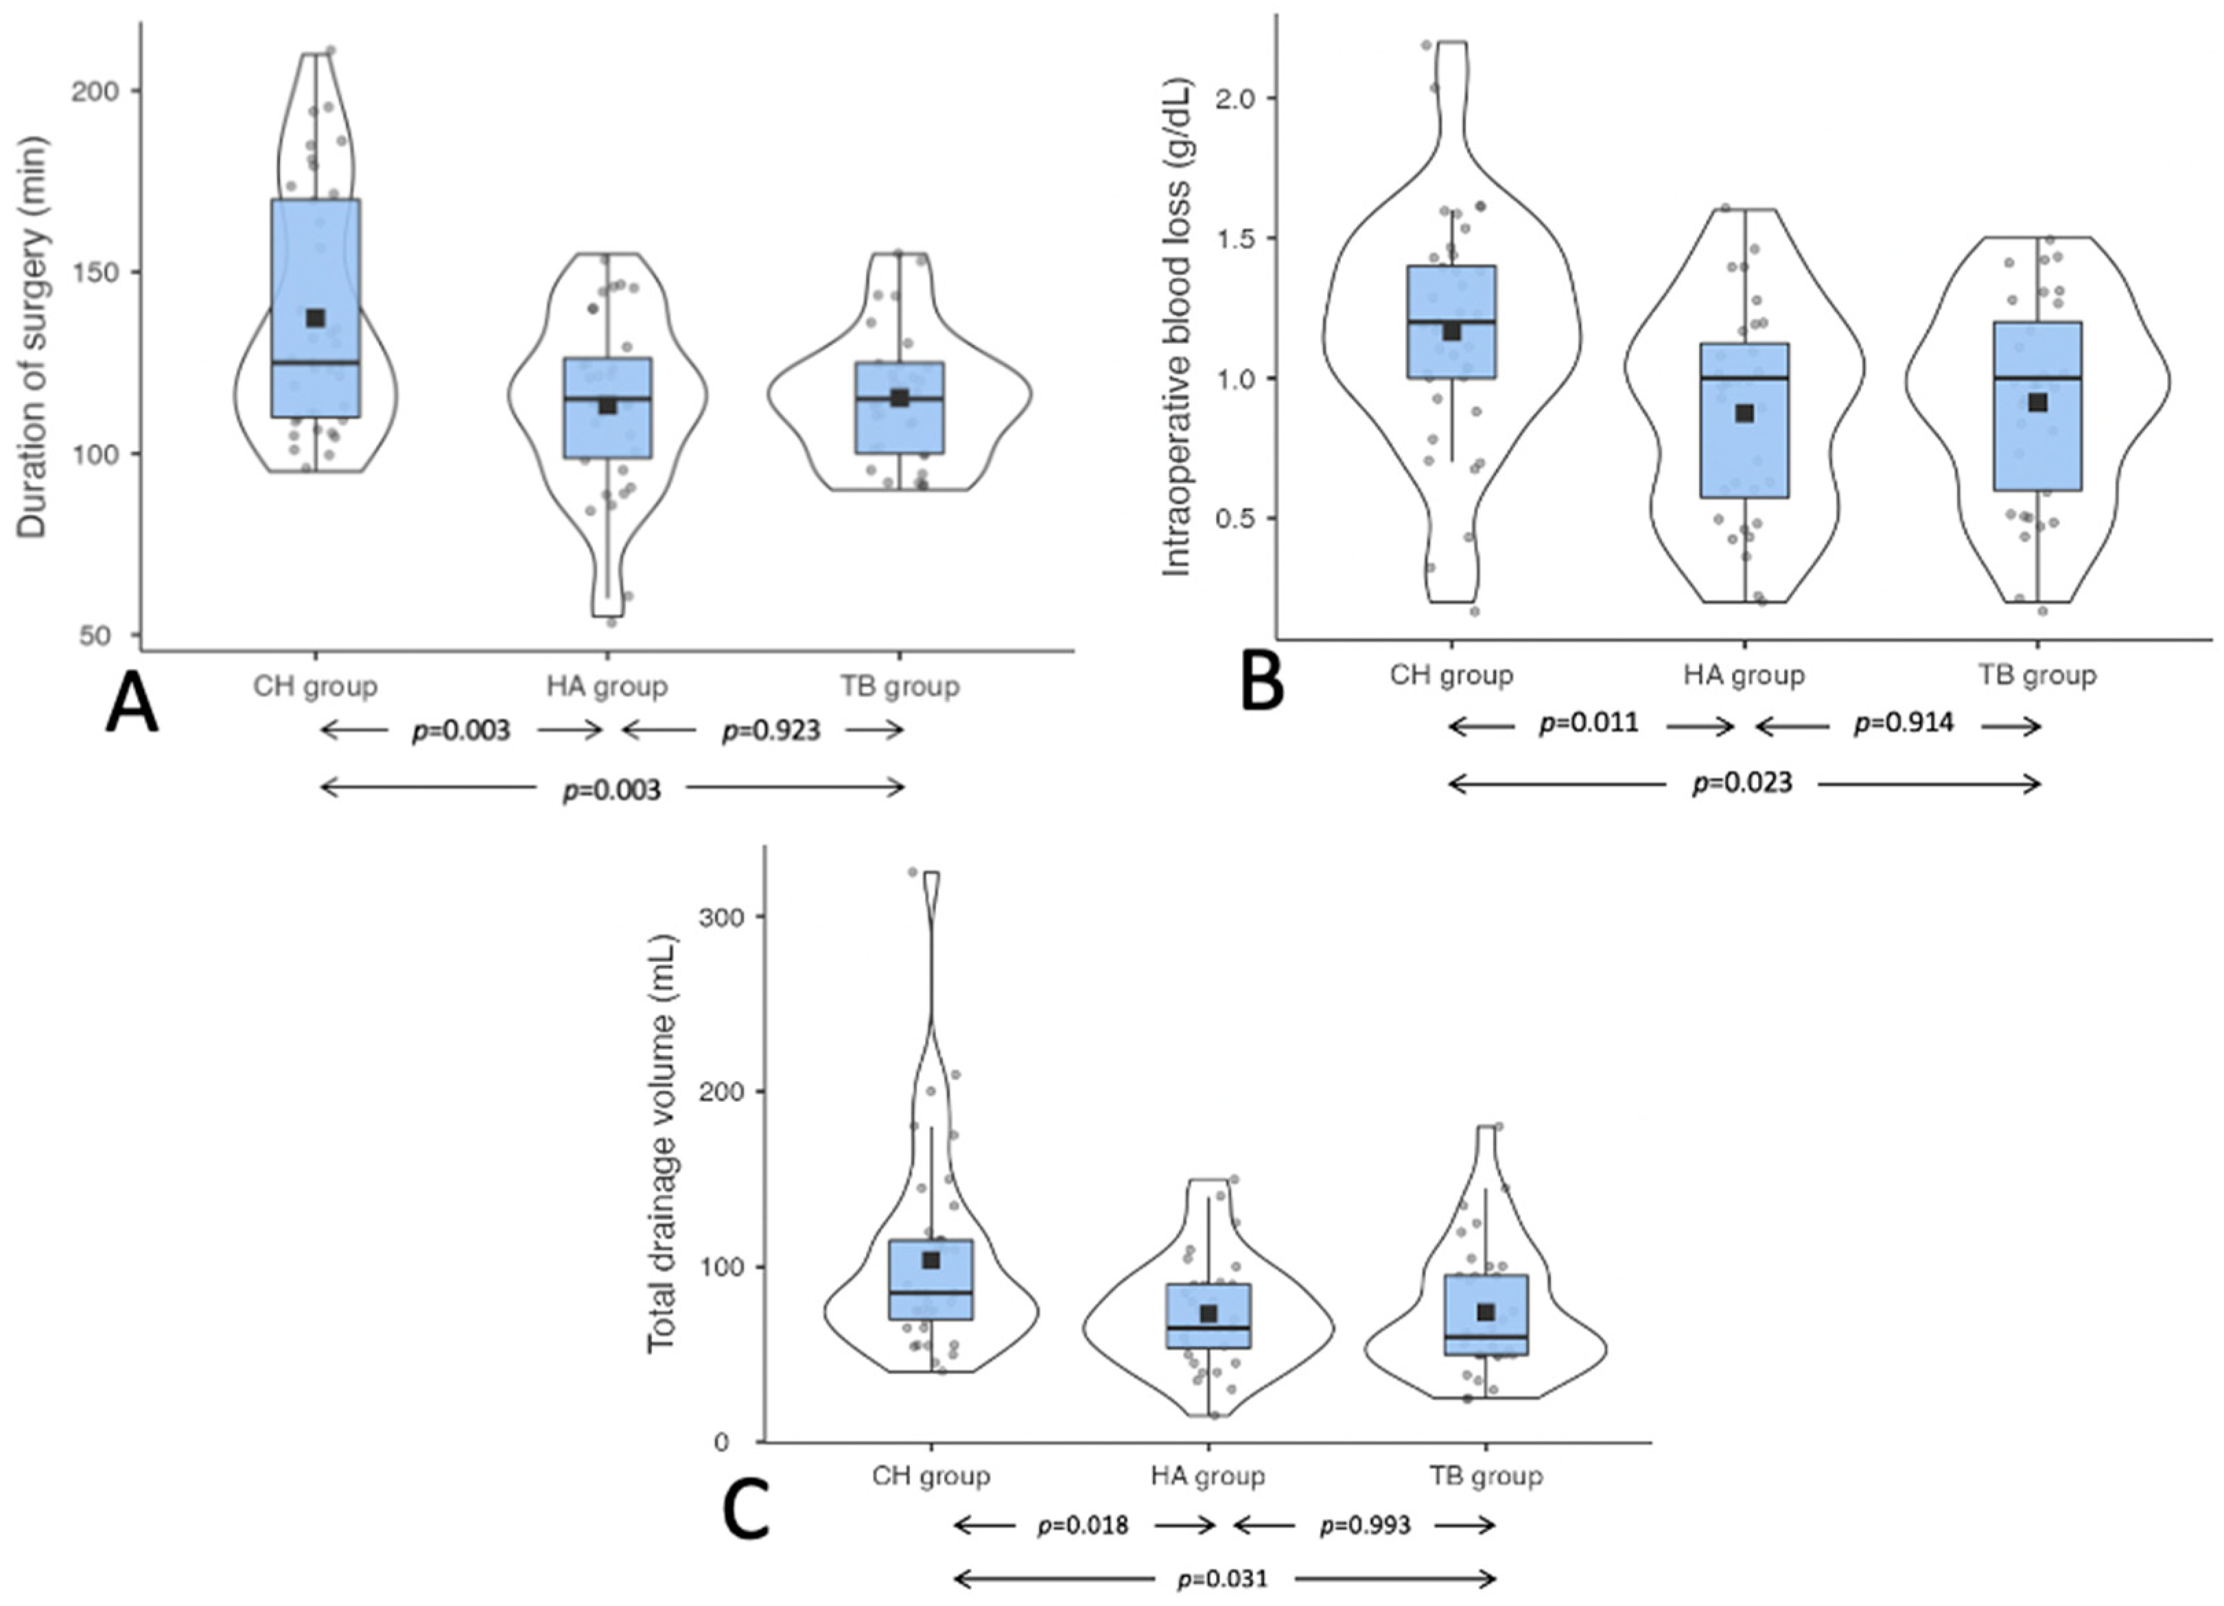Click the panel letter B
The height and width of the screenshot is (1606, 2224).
click(x=1262, y=683)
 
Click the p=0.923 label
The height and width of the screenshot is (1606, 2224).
click(x=771, y=731)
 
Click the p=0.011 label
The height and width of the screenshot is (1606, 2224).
click(x=1589, y=724)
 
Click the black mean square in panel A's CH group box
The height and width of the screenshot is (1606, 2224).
click(x=316, y=318)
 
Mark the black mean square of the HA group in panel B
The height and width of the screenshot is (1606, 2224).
click(x=1744, y=414)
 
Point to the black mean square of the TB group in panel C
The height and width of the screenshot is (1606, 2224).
click(x=1486, y=1312)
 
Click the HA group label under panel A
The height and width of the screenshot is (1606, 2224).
click(x=607, y=686)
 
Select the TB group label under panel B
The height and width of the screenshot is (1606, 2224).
click(x=2037, y=676)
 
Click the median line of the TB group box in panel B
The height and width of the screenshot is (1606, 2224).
click(x=2037, y=377)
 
